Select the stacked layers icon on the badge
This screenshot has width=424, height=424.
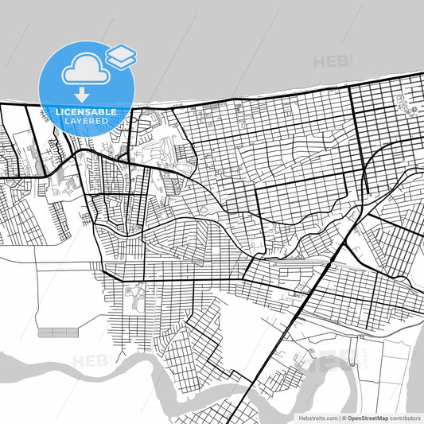tap(121, 56)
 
